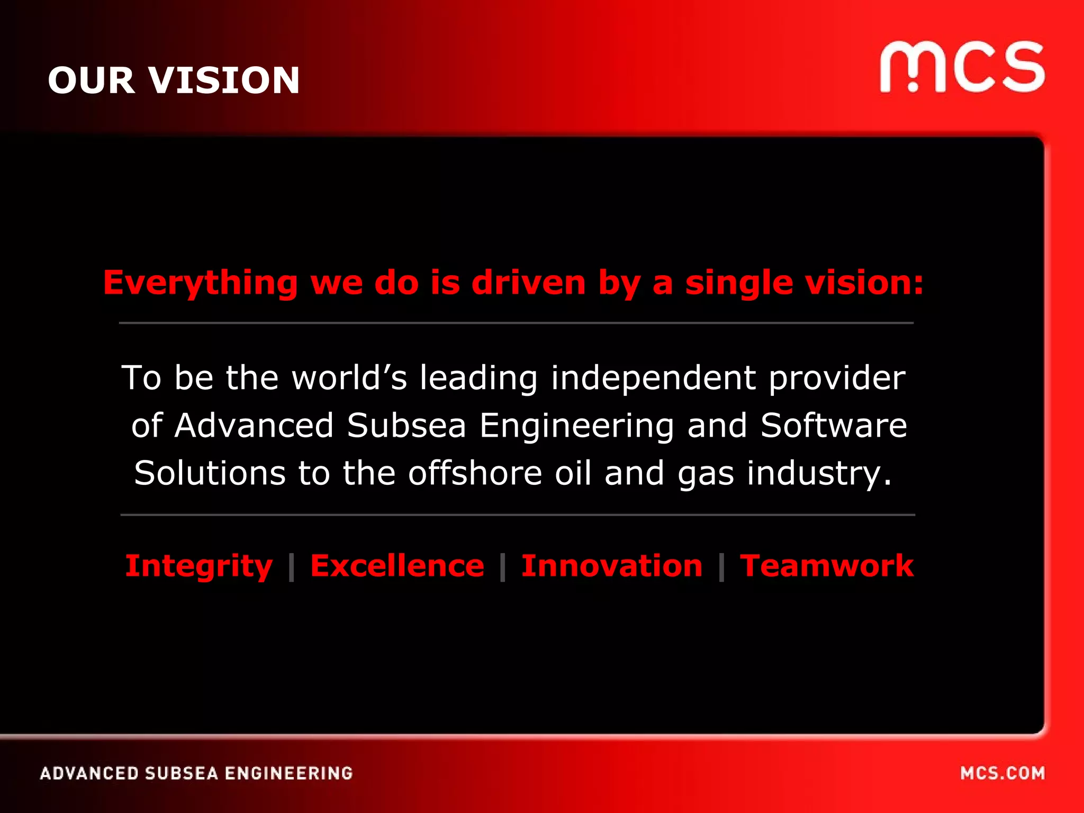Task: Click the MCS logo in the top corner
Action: pyautogui.click(x=962, y=67)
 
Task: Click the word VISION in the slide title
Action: pyautogui.click(x=224, y=80)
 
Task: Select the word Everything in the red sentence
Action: pyautogui.click(x=200, y=283)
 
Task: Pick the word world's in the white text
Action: pyautogui.click(x=349, y=378)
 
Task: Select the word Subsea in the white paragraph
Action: pyautogui.click(x=406, y=426)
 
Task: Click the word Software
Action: pyautogui.click(x=834, y=426)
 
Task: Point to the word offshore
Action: pyautogui.click(x=475, y=473)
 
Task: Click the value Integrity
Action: pyautogui.click(x=198, y=566)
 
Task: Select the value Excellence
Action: pyautogui.click(x=397, y=566)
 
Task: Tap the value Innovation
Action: pyautogui.click(x=612, y=566)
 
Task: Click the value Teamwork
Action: pyautogui.click(x=826, y=566)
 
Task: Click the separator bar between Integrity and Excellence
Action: pyautogui.click(x=291, y=567)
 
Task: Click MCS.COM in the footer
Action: pyautogui.click(x=1002, y=773)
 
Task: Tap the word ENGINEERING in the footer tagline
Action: pyautogui.click(x=288, y=773)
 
